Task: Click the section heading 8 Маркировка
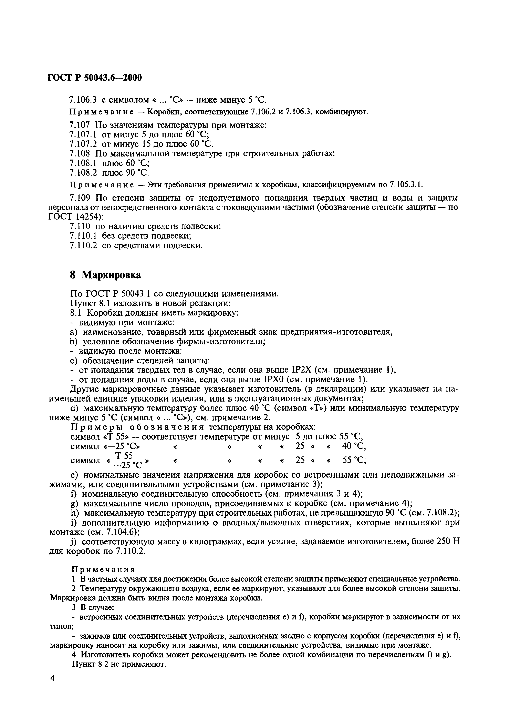[x=105, y=275]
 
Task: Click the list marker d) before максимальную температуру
[x=74, y=408]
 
